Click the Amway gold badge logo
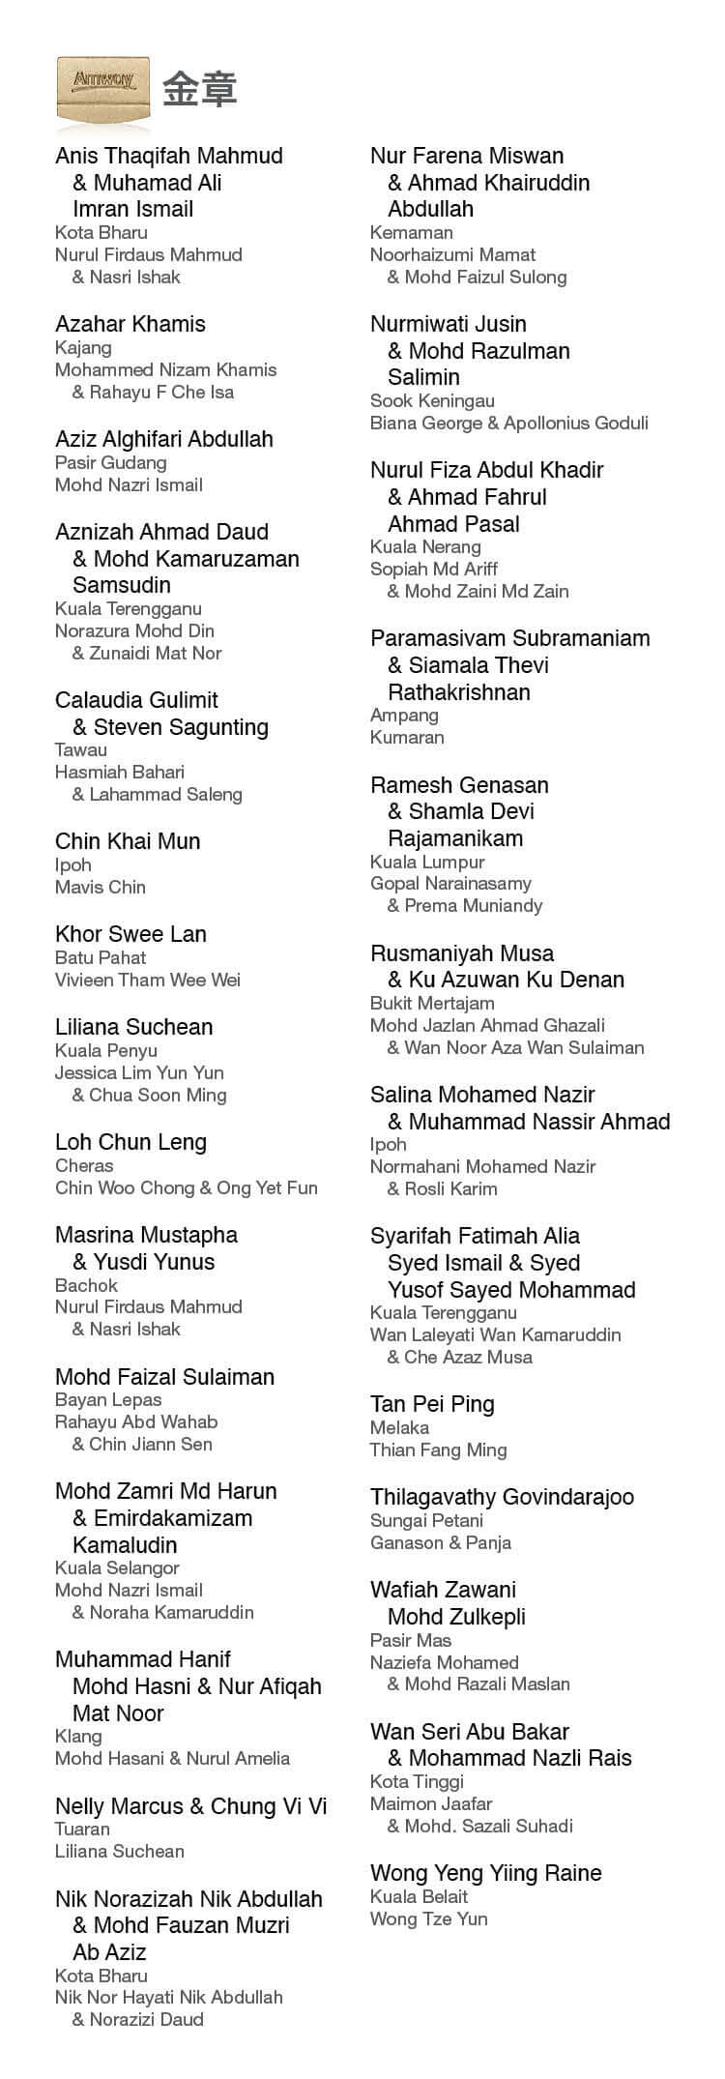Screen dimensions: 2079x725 [x=103, y=88]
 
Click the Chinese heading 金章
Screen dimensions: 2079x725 [x=200, y=89]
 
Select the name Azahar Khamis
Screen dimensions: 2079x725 [x=130, y=324]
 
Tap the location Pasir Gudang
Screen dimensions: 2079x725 [x=111, y=462]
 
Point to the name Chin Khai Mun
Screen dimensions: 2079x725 [x=128, y=841]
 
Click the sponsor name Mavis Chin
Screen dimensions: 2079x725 [x=101, y=887]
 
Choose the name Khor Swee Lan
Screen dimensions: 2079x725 [x=130, y=934]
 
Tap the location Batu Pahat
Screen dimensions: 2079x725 [x=101, y=957]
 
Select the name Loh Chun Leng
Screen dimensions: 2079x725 [x=130, y=1142]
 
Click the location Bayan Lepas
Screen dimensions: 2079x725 [x=108, y=1399]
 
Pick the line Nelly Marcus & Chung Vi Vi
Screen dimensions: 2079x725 [x=191, y=1805]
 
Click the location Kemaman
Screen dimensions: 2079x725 [x=412, y=232]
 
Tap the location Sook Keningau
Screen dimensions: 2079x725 [x=432, y=400]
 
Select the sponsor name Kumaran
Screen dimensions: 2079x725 [x=407, y=737]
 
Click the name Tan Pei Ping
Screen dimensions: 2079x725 [x=432, y=1404]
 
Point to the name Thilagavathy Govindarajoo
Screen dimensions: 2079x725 [x=502, y=1497]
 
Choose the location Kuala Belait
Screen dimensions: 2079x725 [x=419, y=1896]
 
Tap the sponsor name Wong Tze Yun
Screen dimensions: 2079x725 [x=428, y=1918]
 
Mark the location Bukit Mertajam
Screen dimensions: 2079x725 [x=432, y=1003]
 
